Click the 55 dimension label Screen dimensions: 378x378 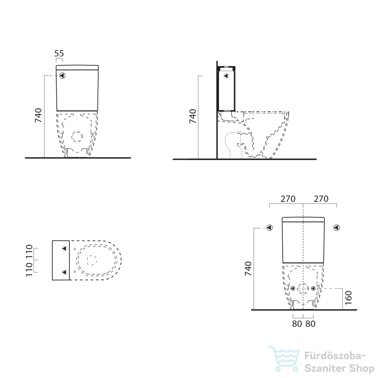coord(59,53)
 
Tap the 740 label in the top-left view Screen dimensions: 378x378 coord(38,116)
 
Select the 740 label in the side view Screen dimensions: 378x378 coord(193,116)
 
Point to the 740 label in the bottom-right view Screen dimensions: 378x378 coord(248,269)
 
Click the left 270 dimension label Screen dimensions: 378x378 coord(288,199)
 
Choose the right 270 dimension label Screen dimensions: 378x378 coord(321,199)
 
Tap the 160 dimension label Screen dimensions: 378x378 coord(348,298)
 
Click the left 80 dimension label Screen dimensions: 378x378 coord(297,324)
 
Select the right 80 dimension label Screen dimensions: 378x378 coord(310,324)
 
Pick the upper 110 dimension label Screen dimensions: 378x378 coord(29,252)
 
